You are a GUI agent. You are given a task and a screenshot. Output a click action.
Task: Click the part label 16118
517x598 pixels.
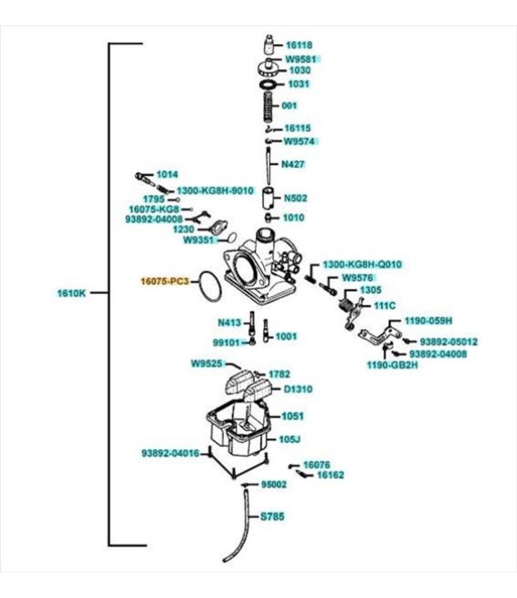point(299,45)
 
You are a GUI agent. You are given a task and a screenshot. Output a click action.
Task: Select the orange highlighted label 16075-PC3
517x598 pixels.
point(165,282)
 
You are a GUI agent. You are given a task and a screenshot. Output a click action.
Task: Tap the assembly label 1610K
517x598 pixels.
point(72,294)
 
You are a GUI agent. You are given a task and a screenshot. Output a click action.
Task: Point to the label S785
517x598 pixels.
point(272,516)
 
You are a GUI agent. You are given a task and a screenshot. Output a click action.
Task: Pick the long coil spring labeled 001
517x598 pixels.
point(269,106)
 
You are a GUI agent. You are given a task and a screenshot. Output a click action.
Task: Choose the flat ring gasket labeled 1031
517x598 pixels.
point(268,84)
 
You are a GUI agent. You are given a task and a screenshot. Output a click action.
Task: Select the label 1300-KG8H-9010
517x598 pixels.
point(215,190)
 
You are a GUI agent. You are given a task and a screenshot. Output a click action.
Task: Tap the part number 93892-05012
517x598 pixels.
point(449,342)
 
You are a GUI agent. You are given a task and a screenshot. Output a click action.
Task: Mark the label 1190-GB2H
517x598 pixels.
point(393,365)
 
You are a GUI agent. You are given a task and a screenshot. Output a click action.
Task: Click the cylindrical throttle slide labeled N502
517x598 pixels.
point(269,198)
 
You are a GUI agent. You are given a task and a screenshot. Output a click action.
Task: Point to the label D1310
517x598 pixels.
point(298,390)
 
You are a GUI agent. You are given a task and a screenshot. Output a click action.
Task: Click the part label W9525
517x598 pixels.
point(206,364)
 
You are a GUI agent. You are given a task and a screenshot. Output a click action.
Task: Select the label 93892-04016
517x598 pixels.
point(171,453)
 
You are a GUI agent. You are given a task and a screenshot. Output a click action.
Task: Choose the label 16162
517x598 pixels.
point(331,475)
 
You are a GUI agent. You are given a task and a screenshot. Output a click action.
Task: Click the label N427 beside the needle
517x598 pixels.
point(293,164)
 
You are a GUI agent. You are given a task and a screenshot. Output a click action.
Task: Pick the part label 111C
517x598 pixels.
point(385,306)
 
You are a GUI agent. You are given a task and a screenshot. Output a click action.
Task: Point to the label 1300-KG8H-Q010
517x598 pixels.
point(363,265)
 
